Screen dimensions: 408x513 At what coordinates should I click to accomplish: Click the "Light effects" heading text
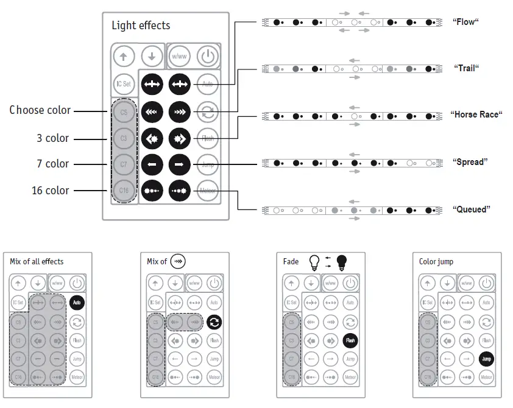(141, 26)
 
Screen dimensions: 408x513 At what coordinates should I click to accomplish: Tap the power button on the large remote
(207, 57)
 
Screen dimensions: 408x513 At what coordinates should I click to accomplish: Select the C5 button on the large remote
(124, 113)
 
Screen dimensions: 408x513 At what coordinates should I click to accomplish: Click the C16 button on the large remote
(124, 190)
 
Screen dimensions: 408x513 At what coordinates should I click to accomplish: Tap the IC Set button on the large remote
(124, 84)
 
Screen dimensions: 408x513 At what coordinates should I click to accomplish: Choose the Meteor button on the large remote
(207, 190)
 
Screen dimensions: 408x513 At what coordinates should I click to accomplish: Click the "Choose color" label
(40, 110)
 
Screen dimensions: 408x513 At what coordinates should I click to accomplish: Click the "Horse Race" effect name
(476, 114)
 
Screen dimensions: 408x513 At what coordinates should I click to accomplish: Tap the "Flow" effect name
(466, 22)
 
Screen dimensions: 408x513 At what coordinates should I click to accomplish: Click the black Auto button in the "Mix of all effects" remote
(77, 301)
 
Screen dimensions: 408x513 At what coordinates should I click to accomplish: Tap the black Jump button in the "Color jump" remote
(486, 359)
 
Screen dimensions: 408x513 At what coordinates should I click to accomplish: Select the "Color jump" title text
(436, 262)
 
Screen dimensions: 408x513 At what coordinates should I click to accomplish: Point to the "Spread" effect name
(470, 162)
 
